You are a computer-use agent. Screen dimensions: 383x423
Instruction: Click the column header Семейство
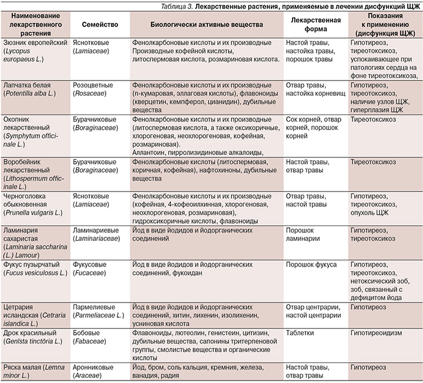coord(93,27)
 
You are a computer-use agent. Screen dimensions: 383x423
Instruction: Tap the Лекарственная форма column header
coord(312,27)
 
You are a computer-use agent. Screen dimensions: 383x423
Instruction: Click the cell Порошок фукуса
coord(311,265)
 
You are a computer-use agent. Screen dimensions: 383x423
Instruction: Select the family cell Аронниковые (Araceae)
coord(94,370)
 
